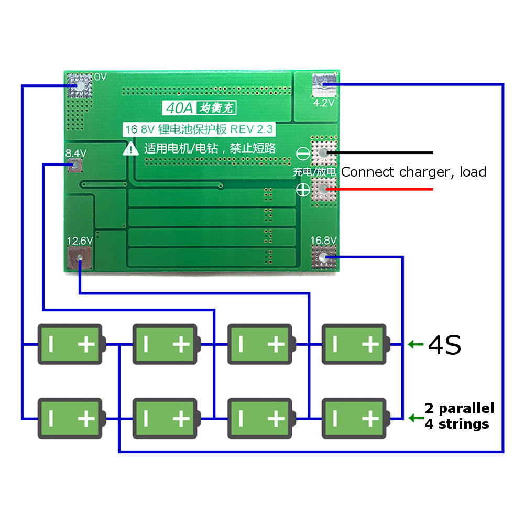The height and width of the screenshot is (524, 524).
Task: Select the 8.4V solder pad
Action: click(75, 166)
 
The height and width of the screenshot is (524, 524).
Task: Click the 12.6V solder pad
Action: click(80, 257)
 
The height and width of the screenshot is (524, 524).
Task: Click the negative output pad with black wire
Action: click(323, 153)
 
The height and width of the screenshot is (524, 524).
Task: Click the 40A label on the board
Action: click(178, 108)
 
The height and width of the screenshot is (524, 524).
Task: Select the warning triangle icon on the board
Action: click(131, 149)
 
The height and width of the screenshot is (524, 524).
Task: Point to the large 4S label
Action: click(444, 345)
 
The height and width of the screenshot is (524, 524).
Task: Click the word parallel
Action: click(466, 408)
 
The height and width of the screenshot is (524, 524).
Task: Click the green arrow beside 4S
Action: click(415, 344)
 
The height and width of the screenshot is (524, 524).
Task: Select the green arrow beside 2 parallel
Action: click(415, 418)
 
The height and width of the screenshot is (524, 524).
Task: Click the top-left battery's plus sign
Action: click(86, 344)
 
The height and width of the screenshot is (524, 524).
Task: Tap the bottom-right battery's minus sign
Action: click(334, 418)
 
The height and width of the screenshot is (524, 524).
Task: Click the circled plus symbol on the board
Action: click(303, 190)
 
